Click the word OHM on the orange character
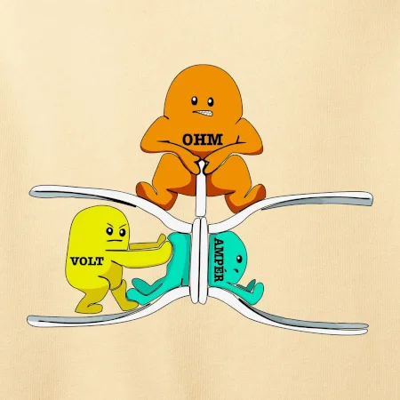[x=203, y=140]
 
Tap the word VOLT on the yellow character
[x=87, y=261]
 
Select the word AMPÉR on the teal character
[x=219, y=260]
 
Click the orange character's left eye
[x=195, y=100]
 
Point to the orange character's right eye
[x=211, y=102]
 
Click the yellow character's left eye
[x=109, y=230]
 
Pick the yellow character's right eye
[x=122, y=232]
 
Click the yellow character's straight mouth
[x=115, y=241]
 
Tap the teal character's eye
[x=239, y=259]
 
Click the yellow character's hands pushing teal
[x=163, y=247]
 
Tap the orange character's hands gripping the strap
[x=202, y=167]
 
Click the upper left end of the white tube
[x=33, y=193]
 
